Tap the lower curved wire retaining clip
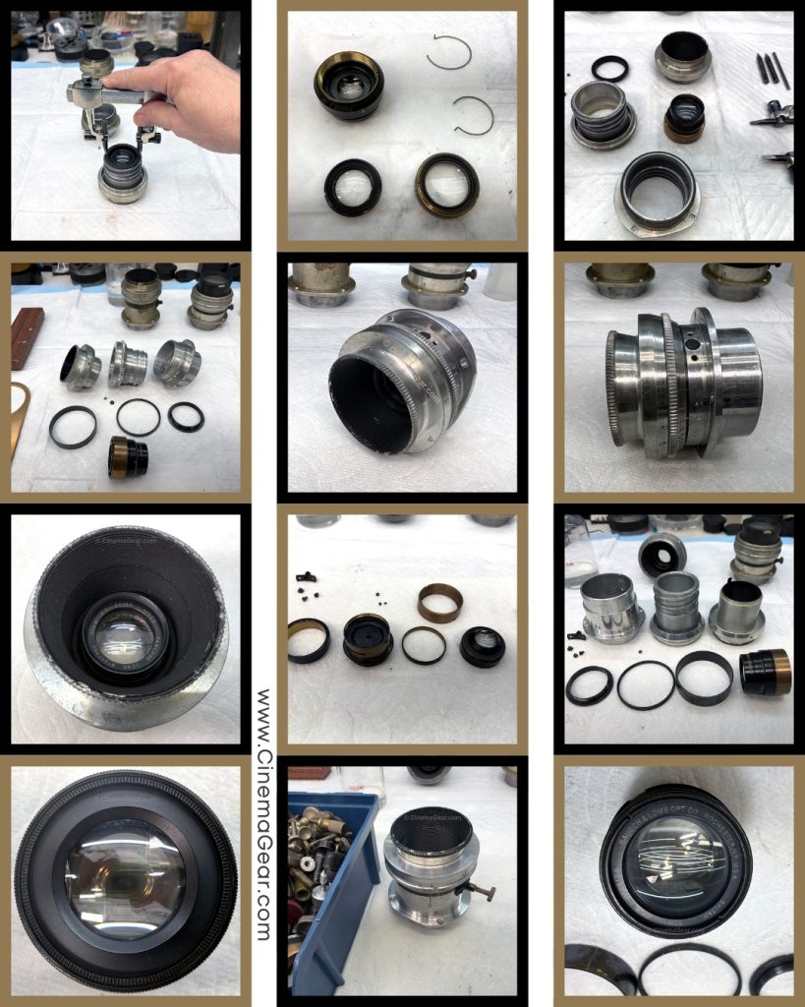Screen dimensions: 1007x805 pos(473,115)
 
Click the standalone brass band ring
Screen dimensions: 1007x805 pos(440,602)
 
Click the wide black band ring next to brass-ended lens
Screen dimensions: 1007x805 pos(703,677)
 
